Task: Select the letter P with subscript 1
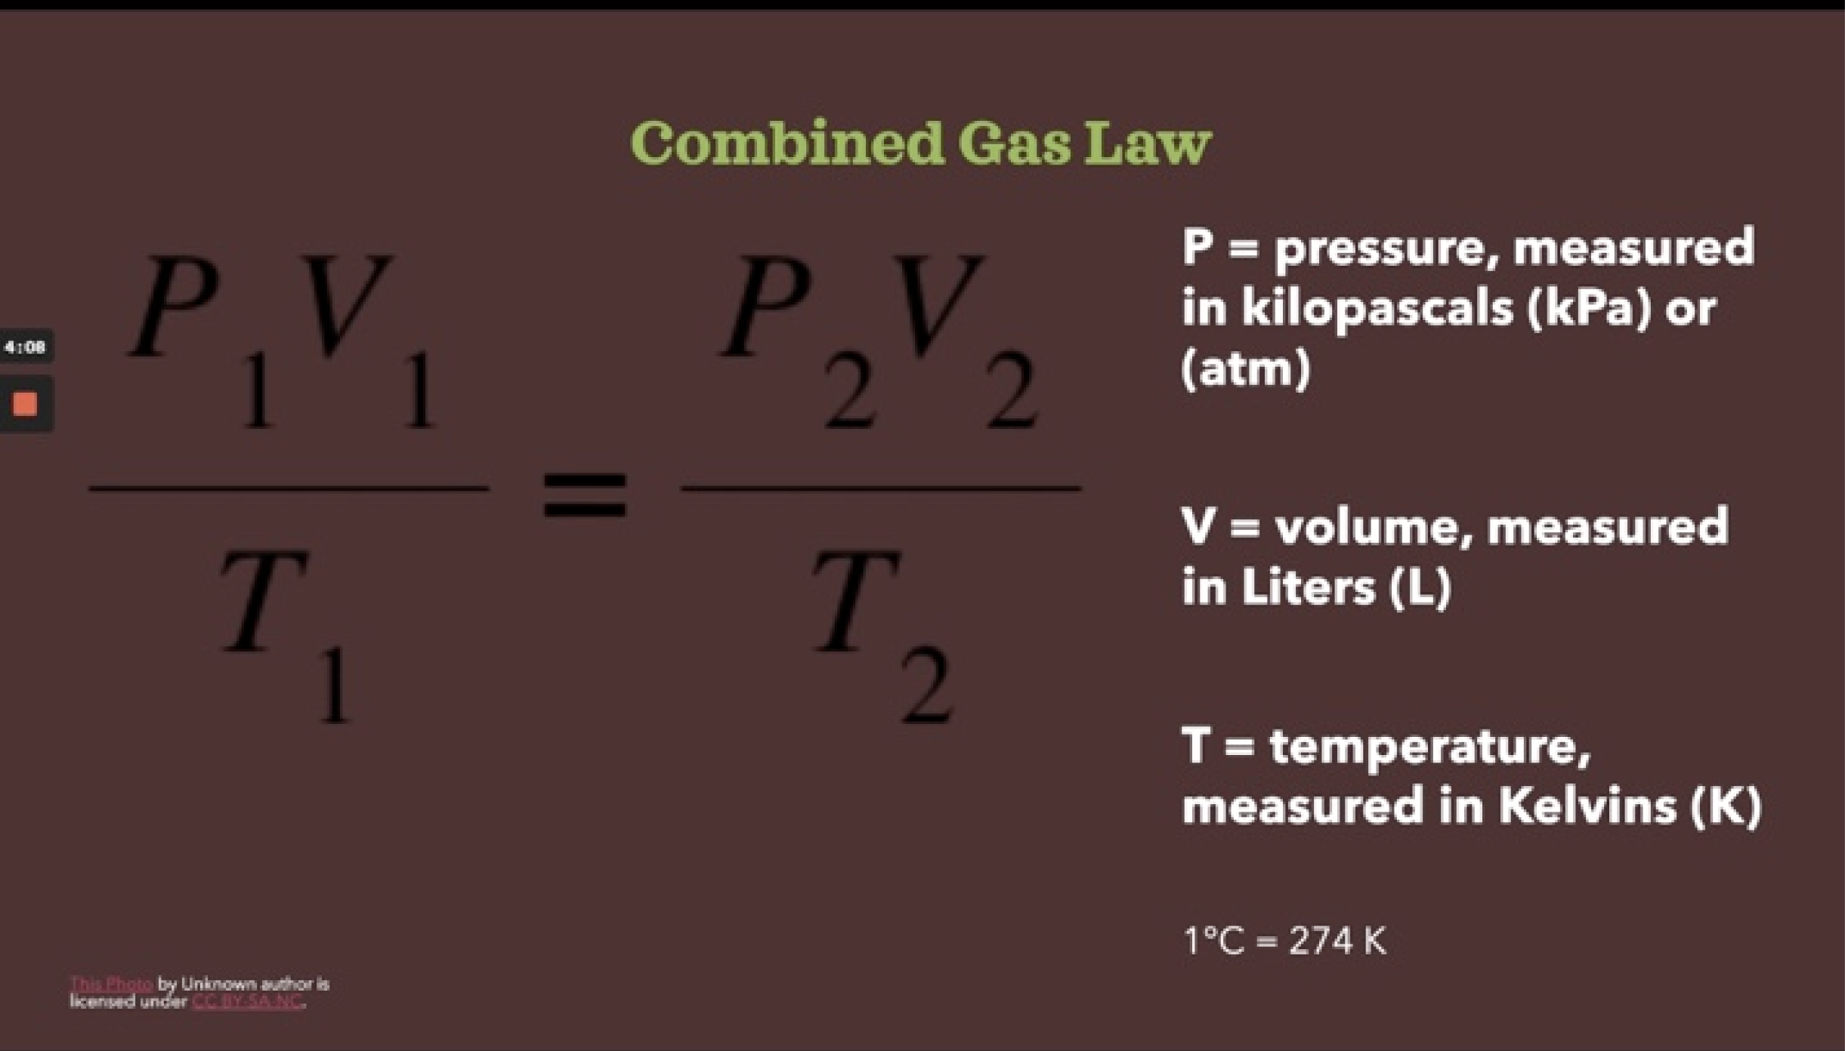click(178, 310)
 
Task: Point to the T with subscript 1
click(264, 600)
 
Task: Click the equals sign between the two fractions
click(585, 495)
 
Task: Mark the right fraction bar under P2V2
click(881, 489)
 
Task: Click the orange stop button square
click(25, 404)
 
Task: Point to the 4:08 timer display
click(25, 347)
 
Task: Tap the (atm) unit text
click(1245, 368)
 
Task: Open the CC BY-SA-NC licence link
click(247, 1002)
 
